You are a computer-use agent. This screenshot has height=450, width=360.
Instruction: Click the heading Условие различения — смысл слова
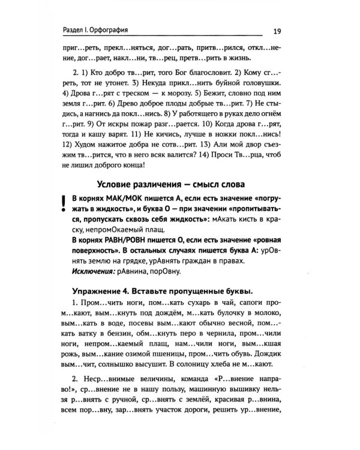click(178, 184)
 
